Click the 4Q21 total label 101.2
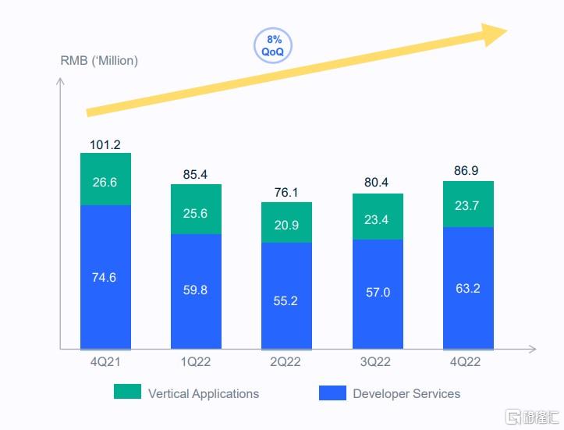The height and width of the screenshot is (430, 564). click(x=105, y=144)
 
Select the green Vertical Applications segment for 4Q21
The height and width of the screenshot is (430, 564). click(x=105, y=179)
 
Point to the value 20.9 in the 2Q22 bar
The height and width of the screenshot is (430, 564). click(x=286, y=225)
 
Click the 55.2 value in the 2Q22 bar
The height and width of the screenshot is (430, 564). click(x=286, y=300)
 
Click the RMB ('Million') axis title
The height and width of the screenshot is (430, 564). click(x=99, y=61)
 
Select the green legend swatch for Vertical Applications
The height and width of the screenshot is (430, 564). click(x=127, y=393)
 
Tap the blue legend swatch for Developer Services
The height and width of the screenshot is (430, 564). click(x=332, y=393)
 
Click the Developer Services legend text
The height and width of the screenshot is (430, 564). click(x=406, y=393)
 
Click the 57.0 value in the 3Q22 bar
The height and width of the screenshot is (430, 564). click(x=378, y=293)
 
